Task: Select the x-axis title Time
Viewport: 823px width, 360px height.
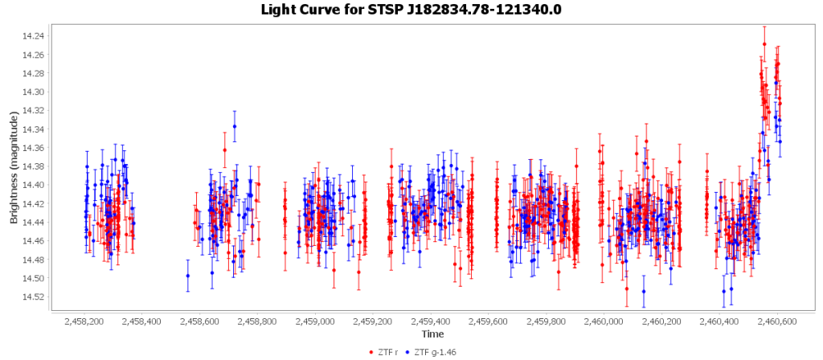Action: [432, 333]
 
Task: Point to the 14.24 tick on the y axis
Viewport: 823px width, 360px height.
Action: [36, 36]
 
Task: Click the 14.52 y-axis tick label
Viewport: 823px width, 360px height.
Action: [36, 297]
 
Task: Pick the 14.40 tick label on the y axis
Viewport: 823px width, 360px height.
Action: [36, 185]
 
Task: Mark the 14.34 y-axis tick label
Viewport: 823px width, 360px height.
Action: [36, 129]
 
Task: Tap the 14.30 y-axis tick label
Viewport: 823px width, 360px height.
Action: [36, 92]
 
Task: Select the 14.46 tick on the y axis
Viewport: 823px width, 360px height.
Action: [36, 241]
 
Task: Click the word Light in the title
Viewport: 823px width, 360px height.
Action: [279, 10]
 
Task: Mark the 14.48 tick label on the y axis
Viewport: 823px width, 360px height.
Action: [36, 260]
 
